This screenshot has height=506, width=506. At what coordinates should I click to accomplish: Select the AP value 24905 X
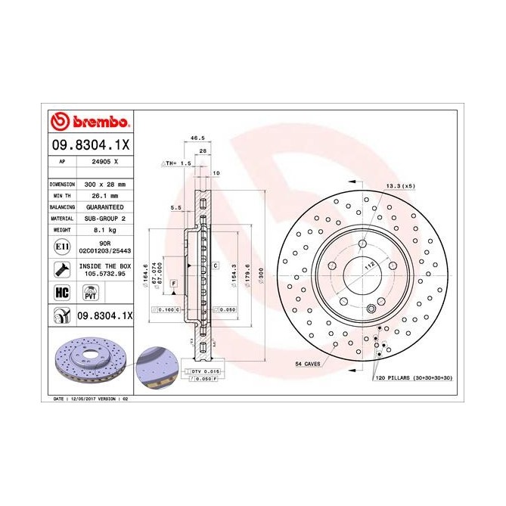104,161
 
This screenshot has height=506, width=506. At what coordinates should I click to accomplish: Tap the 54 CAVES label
309,364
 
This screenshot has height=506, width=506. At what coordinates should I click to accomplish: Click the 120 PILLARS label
413,376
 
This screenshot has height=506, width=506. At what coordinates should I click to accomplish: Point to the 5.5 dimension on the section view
175,206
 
